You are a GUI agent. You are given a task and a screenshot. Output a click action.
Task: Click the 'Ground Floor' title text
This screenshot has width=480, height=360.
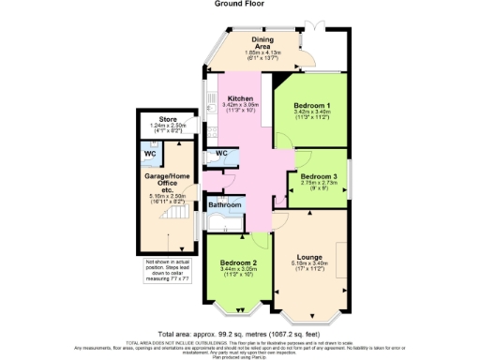240,5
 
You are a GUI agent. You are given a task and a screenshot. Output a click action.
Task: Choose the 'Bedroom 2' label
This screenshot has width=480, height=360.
238,262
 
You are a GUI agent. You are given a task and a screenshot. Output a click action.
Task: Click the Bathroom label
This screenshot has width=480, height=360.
225,204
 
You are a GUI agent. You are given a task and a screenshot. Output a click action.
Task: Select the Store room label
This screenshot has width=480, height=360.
168,120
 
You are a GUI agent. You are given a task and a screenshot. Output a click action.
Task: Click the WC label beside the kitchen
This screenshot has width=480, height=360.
222,154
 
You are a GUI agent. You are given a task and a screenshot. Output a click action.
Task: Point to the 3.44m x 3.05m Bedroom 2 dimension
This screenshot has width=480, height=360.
238,270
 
